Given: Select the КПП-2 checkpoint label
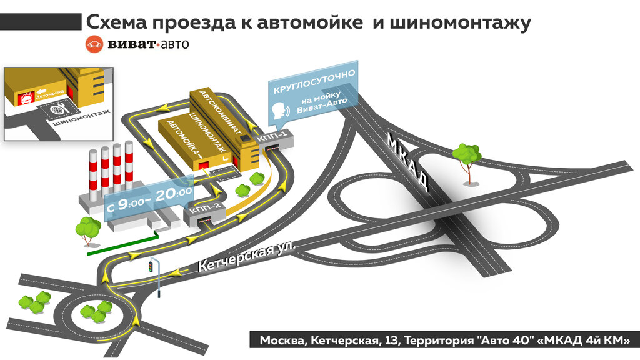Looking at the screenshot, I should pyautogui.click(x=203, y=209).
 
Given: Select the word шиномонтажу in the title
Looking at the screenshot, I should pyautogui.click(x=460, y=24).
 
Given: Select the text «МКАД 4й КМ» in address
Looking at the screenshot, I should pyautogui.click(x=584, y=341).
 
